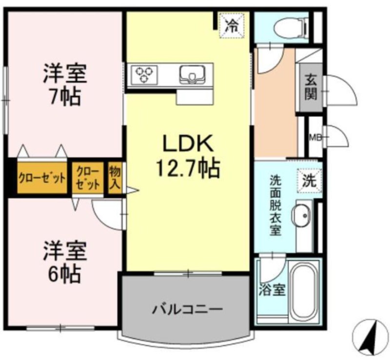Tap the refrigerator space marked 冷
coord(231,26)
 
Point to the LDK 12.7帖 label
coord(188,155)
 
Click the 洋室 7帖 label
coord(65,85)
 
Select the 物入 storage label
coord(115,178)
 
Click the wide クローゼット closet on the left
coord(42,178)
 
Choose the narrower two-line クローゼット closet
coord(88,178)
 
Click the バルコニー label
coord(187,310)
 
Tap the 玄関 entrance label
coord(311,87)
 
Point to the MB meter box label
coord(315,137)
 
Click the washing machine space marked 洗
coord(310,181)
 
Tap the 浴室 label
coord(272,290)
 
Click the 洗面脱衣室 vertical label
coord(275,206)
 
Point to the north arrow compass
coord(370,338)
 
